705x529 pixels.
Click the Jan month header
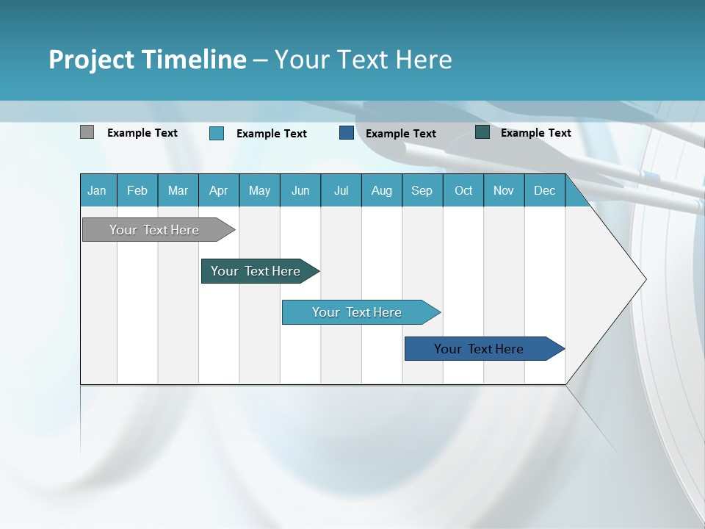[98, 190]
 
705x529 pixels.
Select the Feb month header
[137, 190]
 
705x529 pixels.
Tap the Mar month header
[178, 190]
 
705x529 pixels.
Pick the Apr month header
[219, 190]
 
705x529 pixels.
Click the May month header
[259, 190]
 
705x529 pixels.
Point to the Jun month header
[300, 190]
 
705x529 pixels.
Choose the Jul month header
[341, 190]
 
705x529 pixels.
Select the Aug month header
[382, 190]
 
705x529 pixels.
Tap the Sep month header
[422, 190]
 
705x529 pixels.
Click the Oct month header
[463, 190]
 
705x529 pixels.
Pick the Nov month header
[504, 190]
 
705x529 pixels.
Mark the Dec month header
[545, 190]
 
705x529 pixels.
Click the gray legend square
[87, 132]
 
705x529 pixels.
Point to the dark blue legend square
[347, 133]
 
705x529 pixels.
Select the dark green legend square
[482, 132]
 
